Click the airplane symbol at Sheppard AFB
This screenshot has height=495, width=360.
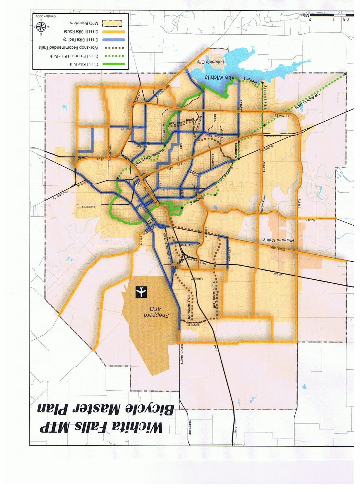(141, 292)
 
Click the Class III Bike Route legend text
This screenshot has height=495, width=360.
(81, 32)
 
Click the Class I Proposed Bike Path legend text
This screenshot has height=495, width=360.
(74, 56)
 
